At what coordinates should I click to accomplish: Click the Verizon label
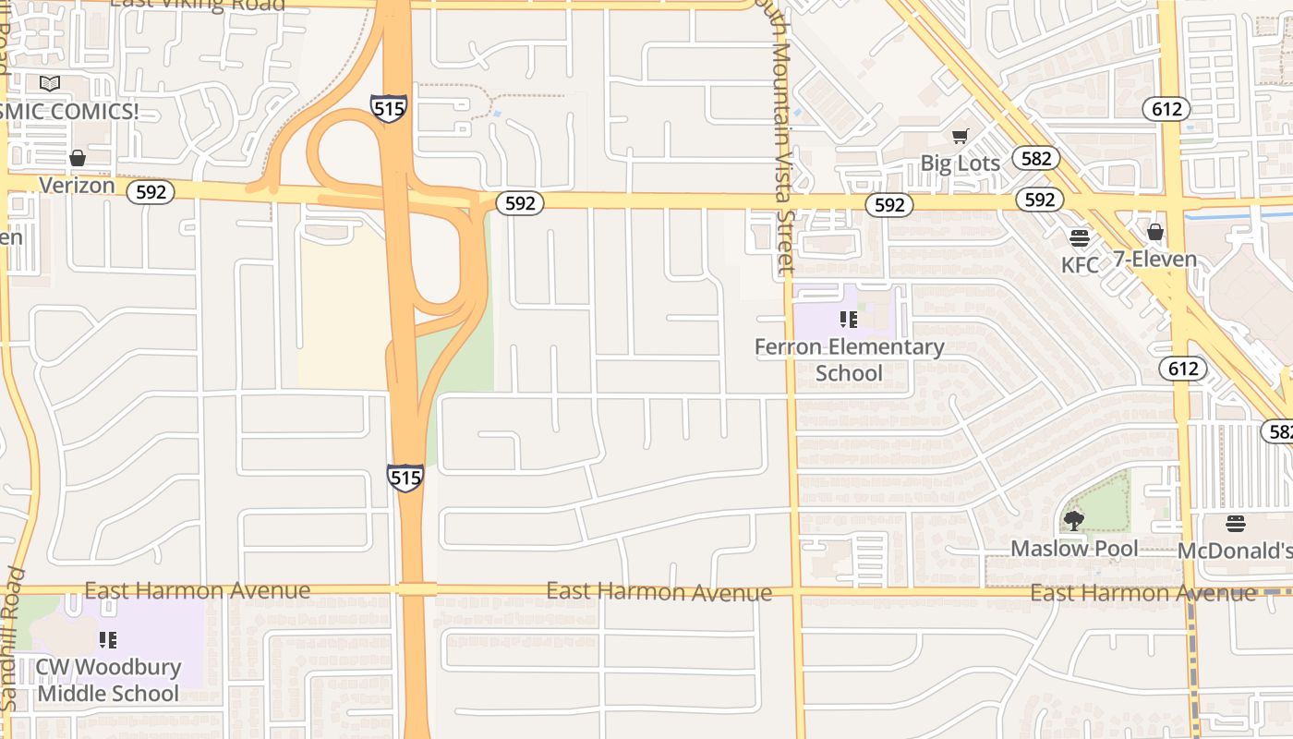(77, 185)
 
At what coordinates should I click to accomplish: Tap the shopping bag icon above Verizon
(78, 158)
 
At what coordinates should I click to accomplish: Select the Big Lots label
(960, 164)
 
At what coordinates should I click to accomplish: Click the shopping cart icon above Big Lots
(961, 137)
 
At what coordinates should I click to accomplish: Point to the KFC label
(1080, 265)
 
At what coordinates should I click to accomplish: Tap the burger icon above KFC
(1080, 238)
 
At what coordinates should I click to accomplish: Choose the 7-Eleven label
(1154, 259)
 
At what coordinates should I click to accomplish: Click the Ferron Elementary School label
(849, 359)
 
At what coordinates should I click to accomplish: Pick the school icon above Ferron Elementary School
(849, 320)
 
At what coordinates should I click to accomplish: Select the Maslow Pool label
(1074, 548)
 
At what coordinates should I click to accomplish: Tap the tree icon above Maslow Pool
(1074, 521)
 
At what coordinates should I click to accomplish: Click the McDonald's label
(1235, 551)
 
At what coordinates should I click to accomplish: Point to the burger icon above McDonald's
(1236, 524)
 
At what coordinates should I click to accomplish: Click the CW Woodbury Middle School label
(108, 680)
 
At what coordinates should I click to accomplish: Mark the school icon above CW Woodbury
(108, 639)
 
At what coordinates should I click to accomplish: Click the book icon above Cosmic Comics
(50, 84)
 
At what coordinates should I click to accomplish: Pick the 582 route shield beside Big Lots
(1035, 158)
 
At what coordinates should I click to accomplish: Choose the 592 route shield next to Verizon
(151, 191)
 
